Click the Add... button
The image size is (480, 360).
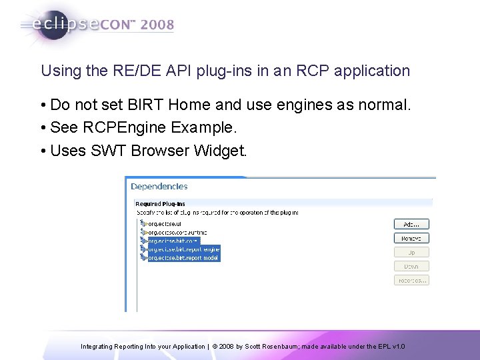click(411, 224)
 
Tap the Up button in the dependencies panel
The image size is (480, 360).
click(411, 253)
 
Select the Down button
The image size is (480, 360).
click(411, 266)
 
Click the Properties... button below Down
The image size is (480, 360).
click(411, 281)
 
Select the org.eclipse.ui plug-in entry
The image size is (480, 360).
click(163, 224)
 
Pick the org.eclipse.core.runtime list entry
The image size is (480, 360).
click(177, 232)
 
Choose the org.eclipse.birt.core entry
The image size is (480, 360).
click(173, 241)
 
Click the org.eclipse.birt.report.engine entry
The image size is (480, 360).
click(183, 249)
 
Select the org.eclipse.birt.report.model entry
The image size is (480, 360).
click(183, 257)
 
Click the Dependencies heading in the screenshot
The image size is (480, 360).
click(159, 187)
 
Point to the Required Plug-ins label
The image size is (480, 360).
click(160, 204)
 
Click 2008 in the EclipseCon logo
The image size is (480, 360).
click(157, 25)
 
